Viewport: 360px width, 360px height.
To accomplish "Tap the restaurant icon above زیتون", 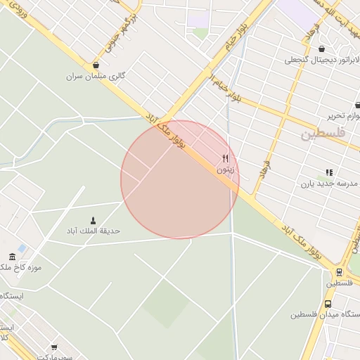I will click(x=226, y=158).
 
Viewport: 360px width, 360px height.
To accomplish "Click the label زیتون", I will click(x=226, y=169).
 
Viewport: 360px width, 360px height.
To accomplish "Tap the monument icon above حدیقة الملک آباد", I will click(x=94, y=221).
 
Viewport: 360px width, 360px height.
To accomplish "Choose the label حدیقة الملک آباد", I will click(x=93, y=231).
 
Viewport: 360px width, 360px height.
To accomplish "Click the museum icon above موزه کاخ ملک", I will click(x=12, y=257).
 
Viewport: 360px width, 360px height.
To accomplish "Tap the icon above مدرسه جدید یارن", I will click(x=328, y=172).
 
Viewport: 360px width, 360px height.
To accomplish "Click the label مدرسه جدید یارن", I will click(x=326, y=184).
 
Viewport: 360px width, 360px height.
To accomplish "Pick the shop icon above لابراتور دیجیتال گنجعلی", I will click(x=322, y=49).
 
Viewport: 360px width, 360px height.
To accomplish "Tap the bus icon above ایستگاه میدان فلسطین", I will click(x=328, y=304).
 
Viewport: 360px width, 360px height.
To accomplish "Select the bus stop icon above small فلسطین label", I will click(x=340, y=272).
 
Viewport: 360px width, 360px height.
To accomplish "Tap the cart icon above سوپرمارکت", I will click(x=54, y=347).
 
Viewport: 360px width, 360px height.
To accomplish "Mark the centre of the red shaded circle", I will click(x=180, y=180).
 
